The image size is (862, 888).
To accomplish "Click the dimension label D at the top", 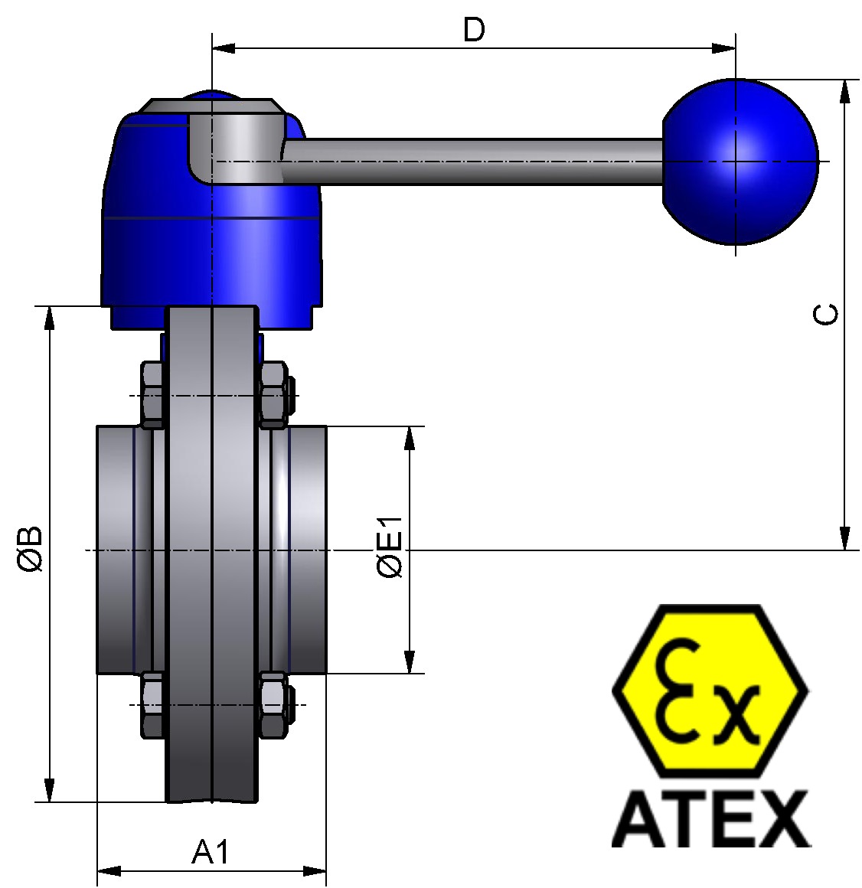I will click(x=474, y=30).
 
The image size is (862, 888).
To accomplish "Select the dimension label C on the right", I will click(x=825, y=314).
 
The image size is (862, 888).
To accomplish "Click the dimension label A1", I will click(x=210, y=851).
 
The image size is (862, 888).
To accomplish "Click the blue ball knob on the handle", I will click(x=739, y=162).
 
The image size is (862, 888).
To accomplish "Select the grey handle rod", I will click(x=475, y=162).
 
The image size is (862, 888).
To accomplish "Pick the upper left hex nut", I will click(x=152, y=395).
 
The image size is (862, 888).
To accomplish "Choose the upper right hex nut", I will click(x=273, y=395).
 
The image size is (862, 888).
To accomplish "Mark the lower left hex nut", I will click(x=152, y=705).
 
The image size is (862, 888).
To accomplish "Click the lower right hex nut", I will click(x=273, y=705).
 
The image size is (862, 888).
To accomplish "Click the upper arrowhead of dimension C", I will click(x=844, y=91).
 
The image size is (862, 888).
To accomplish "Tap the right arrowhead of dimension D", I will click(x=723, y=47).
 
